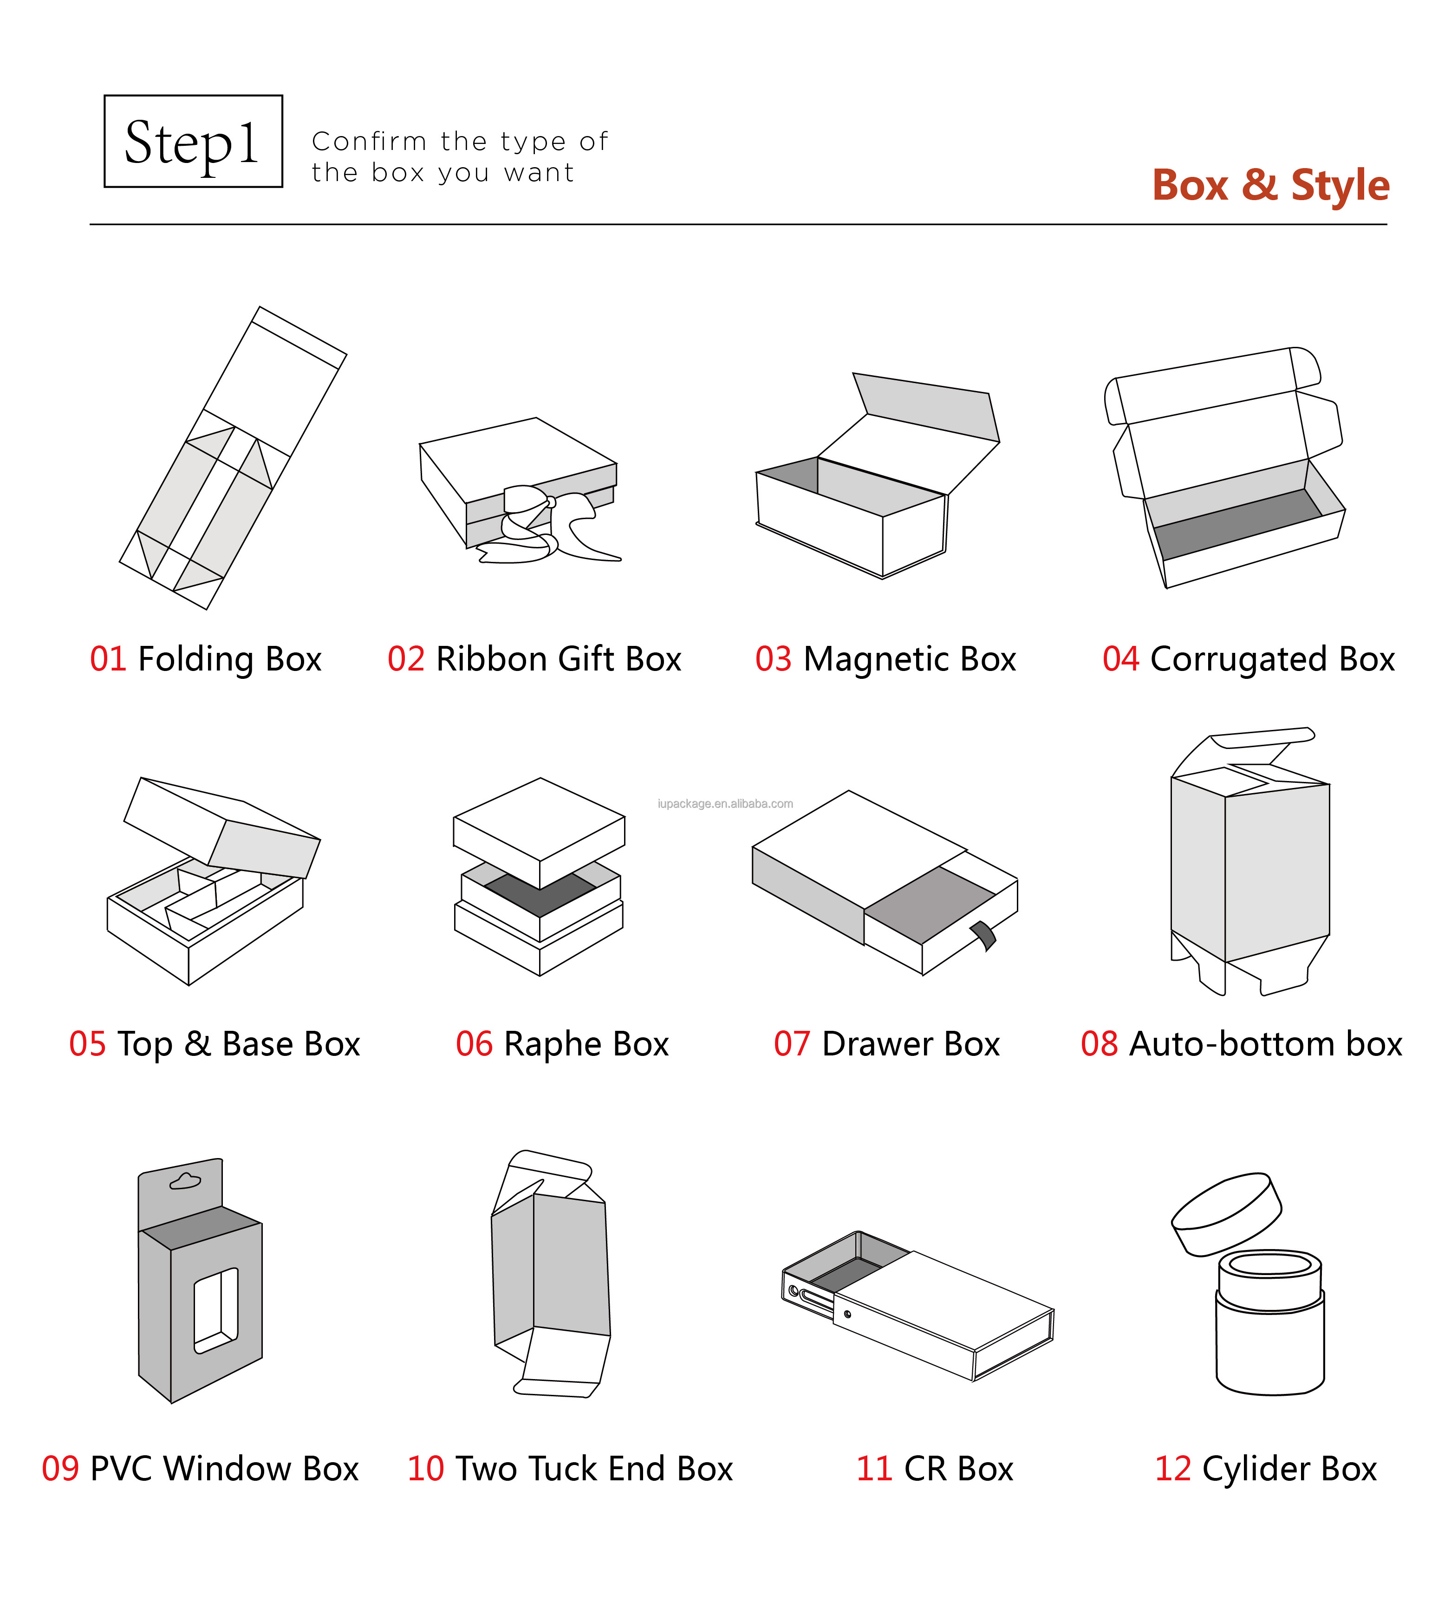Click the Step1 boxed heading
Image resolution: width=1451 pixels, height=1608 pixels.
pos(193,141)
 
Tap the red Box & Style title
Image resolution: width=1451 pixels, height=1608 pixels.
pos(1271,185)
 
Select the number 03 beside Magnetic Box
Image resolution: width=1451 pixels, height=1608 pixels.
pos(774,659)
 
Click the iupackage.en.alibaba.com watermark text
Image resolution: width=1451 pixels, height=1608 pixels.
pos(725,804)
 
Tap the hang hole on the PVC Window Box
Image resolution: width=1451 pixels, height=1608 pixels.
pos(186,1181)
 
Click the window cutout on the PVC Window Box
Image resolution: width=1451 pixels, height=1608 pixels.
pos(216,1311)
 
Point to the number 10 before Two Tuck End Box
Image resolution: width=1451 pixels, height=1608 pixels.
pos(426,1469)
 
